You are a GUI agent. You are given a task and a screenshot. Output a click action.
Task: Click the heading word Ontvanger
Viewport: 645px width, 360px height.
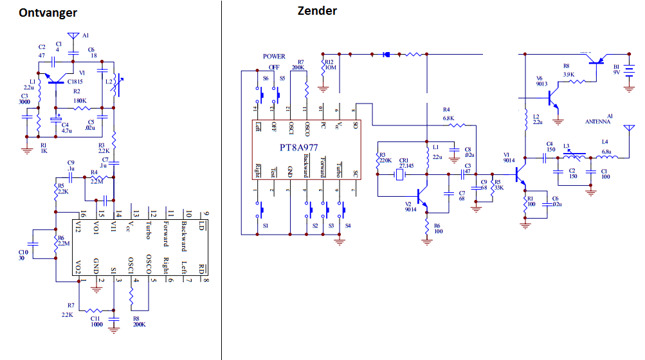48,12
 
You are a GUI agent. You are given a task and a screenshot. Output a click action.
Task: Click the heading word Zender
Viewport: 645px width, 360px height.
317,10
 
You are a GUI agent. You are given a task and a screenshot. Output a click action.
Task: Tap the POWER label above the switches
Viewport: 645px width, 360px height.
274,57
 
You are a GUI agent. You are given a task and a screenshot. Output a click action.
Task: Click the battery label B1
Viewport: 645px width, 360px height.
616,66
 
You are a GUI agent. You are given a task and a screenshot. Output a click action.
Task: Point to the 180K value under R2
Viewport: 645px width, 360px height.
80,100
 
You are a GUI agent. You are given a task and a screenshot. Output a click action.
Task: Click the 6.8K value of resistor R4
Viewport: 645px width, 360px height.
448,118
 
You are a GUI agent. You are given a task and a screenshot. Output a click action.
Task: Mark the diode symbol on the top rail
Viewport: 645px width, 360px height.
386,54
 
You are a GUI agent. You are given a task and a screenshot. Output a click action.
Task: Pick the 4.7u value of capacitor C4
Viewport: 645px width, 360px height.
66,130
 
